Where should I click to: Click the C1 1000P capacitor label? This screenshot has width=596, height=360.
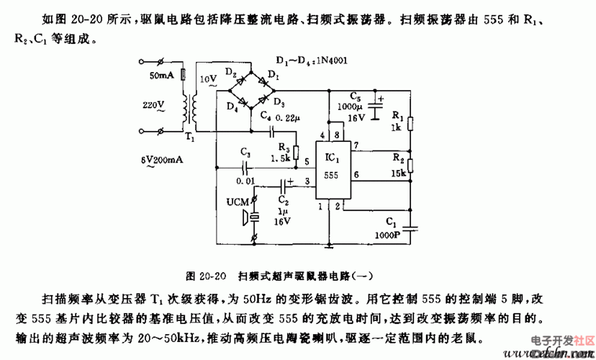pyautogui.click(x=389, y=230)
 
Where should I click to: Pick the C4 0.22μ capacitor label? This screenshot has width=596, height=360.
pyautogui.click(x=276, y=115)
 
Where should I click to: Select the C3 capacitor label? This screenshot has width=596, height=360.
pyautogui.click(x=245, y=153)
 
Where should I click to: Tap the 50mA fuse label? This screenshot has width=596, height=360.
pyautogui.click(x=162, y=75)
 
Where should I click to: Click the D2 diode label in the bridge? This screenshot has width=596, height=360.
pyautogui.click(x=231, y=75)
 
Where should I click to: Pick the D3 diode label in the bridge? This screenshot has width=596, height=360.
pyautogui.click(x=279, y=102)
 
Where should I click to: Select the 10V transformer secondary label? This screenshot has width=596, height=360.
pyautogui.click(x=208, y=78)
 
